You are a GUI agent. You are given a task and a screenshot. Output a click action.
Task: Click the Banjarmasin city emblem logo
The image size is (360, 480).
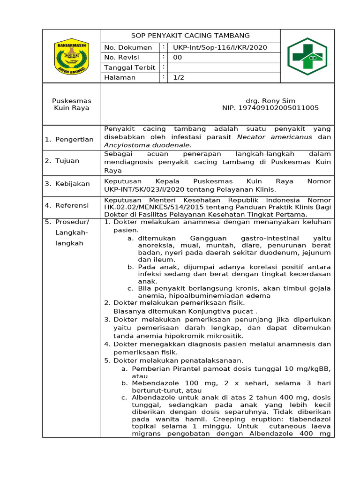click(x=71, y=56)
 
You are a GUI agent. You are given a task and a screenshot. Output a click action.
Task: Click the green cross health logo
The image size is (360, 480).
click(x=307, y=56)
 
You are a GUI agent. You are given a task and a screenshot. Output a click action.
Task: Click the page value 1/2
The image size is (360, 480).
click(x=179, y=78)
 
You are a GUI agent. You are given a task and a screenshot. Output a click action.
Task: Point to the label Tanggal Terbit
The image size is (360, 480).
click(x=129, y=67)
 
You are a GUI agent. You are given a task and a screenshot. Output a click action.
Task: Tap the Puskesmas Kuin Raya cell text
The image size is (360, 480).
click(x=72, y=104)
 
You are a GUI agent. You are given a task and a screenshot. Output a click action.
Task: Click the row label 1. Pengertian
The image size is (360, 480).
click(x=69, y=139)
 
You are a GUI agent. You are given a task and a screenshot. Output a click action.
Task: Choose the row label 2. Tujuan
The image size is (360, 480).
click(x=62, y=161)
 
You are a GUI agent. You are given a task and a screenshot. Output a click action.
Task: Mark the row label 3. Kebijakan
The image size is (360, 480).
click(x=67, y=184)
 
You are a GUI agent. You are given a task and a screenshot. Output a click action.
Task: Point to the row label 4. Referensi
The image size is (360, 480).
click(x=67, y=205)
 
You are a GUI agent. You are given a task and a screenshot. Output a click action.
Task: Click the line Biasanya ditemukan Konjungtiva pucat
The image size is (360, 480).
click(x=186, y=311)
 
